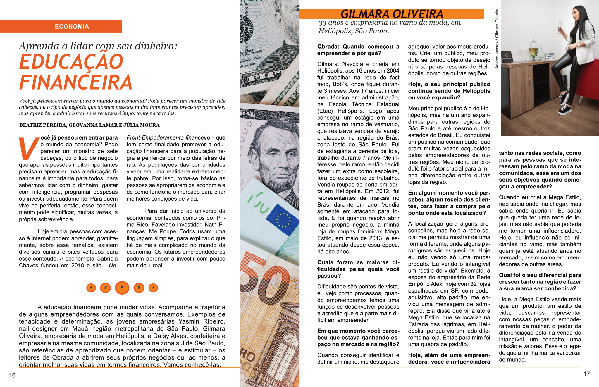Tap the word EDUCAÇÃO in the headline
71,62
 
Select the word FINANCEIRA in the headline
76,82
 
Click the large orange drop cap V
29,148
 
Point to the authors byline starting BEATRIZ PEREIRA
89,125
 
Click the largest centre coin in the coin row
122,288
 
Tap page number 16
12,375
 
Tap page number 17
586,374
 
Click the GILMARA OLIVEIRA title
392,14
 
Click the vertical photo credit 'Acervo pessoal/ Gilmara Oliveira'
497,38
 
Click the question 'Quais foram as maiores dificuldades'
358,269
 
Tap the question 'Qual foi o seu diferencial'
540,282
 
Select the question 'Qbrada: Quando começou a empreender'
358,50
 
